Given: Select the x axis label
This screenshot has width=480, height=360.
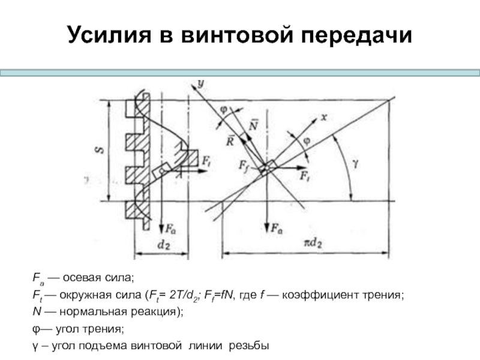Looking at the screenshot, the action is [323, 118].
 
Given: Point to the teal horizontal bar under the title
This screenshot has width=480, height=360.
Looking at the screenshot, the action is [240, 72].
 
